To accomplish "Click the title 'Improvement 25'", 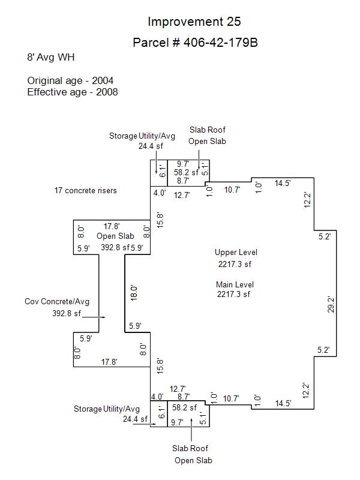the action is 194,22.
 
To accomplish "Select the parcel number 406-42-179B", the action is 220,43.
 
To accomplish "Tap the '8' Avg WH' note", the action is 51,58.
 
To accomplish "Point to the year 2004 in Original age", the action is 103,80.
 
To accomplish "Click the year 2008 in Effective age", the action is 107,92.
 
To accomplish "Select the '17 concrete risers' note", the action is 86,190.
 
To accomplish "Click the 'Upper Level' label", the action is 236,253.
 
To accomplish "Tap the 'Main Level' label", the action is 235,284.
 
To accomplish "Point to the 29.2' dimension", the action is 331,305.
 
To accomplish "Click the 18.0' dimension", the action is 134,293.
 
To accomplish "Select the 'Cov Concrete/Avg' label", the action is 57,302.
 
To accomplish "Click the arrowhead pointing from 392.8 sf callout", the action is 103,317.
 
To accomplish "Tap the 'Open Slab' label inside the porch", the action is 115,236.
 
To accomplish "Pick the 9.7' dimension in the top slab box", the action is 183,164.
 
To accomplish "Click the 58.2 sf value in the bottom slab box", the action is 185,407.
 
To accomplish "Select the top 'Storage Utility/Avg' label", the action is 142,136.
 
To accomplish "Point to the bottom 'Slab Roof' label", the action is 190,448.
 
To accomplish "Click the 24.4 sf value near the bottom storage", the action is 136,419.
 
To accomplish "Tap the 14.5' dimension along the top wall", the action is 283,184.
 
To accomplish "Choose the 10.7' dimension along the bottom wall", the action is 231,398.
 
